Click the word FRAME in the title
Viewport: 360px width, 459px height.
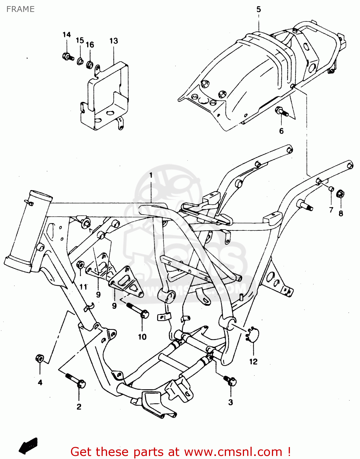(20, 9)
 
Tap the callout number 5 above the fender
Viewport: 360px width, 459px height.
(258, 9)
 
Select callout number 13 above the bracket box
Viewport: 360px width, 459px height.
(113, 41)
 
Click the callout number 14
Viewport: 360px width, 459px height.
(67, 35)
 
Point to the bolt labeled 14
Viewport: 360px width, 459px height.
(68, 57)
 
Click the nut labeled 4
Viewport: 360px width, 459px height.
(40, 358)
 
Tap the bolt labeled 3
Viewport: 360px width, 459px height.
(230, 380)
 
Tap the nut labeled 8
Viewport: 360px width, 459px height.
(340, 194)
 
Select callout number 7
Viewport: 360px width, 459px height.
(331, 210)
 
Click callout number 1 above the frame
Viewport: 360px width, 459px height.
(151, 175)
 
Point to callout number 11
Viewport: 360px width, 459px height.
(83, 287)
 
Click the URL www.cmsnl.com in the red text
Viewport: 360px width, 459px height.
(233, 452)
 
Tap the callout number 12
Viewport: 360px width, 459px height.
(253, 362)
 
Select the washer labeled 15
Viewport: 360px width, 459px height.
(80, 61)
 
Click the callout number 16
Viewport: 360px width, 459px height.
(90, 45)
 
